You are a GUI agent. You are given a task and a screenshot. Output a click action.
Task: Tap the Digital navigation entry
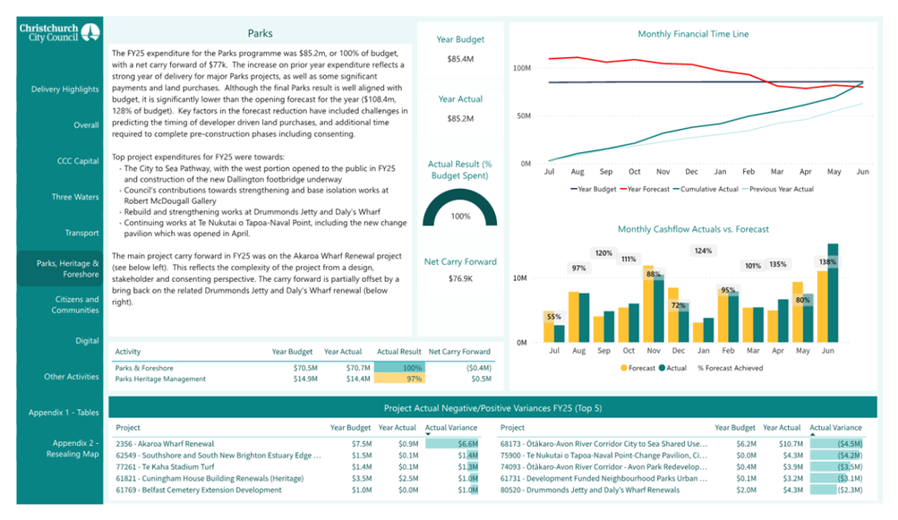pyautogui.click(x=87, y=341)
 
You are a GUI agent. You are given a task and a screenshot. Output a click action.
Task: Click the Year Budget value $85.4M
pyautogui.click(x=460, y=59)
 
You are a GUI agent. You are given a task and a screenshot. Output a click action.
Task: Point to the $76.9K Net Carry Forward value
pyautogui.click(x=460, y=279)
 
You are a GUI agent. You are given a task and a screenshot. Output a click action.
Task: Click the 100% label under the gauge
pyautogui.click(x=460, y=217)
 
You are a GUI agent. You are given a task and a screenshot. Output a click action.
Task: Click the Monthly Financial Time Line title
pyautogui.click(x=693, y=34)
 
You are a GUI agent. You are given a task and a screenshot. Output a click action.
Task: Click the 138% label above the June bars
pyautogui.click(x=827, y=262)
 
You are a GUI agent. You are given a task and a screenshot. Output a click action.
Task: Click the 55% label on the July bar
pyautogui.click(x=553, y=317)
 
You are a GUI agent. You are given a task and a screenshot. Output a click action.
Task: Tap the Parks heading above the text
pyautogui.click(x=260, y=33)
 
